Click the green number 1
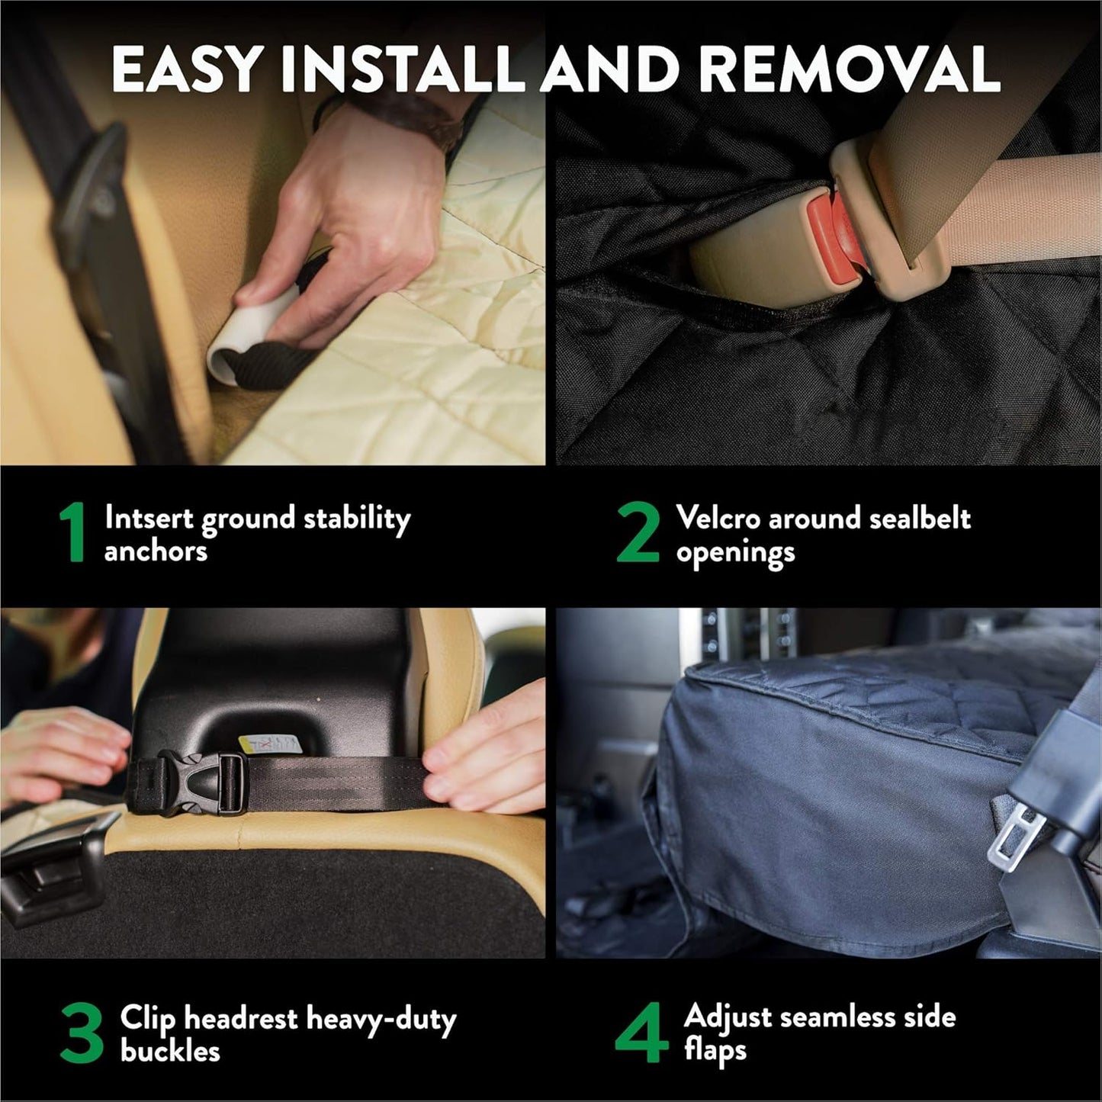tap(72, 534)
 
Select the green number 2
tap(638, 534)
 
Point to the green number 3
tap(81, 1034)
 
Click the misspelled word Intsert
tap(150, 518)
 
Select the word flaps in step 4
tap(715, 1051)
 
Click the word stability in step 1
tap(357, 519)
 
